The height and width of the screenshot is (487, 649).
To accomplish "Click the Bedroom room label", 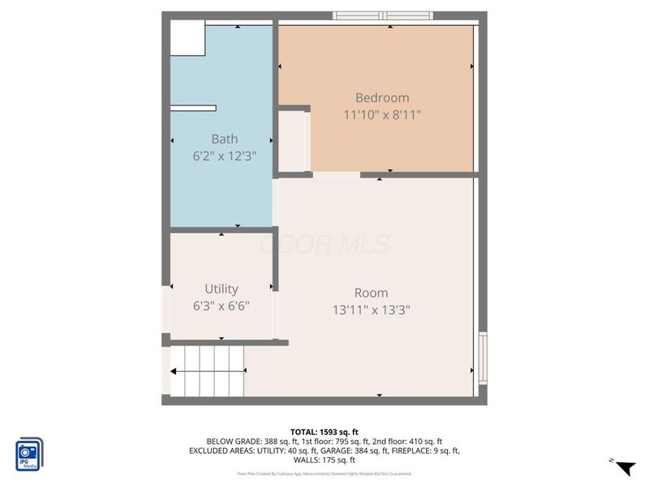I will coord(382,98).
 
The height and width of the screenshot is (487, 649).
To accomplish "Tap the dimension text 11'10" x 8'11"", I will coord(382,115).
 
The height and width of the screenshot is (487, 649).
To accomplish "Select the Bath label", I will coord(224,139).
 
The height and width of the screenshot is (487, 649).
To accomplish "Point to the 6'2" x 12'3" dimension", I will coord(224,156).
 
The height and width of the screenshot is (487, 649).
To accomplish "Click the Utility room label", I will coord(221,289).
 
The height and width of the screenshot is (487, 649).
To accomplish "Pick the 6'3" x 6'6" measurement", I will coord(221,306).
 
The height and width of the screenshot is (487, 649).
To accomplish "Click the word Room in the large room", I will coord(371,293).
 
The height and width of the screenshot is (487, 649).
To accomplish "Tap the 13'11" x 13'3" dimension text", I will coord(371,309).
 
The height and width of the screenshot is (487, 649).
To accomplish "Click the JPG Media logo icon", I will coord(29,455).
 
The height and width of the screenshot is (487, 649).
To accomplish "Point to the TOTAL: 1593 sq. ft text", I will coord(324,432).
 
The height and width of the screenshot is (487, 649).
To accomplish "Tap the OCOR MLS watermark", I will coord(324,244).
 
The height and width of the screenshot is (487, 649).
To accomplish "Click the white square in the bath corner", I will coord(187,39).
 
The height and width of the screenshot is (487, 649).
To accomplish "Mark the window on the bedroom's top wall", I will coord(383,15).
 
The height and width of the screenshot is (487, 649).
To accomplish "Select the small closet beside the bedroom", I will coord(292,140).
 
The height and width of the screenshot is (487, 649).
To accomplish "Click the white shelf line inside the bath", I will coord(193,108).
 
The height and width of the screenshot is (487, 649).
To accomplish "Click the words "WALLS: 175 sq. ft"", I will coord(324,459).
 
